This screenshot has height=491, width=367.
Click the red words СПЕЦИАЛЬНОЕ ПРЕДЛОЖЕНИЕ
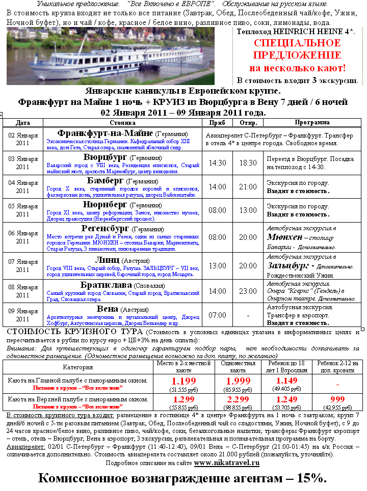pyautogui.click(x=297, y=49)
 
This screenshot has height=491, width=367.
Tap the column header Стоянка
pyautogui.click(x=122, y=123)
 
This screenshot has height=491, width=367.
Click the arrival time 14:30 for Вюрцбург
pyautogui.click(x=218, y=163)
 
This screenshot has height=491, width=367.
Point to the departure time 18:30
pyautogui.click(x=248, y=163)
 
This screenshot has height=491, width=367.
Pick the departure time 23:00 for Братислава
pyautogui.click(x=248, y=291)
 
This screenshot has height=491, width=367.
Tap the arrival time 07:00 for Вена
pyautogui.click(x=218, y=315)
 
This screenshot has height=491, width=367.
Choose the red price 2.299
pyautogui.click(x=239, y=400)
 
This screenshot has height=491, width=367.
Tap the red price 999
pyautogui.click(x=338, y=400)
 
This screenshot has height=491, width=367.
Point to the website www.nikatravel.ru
pyautogui.click(x=227, y=462)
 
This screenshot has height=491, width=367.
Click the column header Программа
pyautogui.click(x=312, y=123)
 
